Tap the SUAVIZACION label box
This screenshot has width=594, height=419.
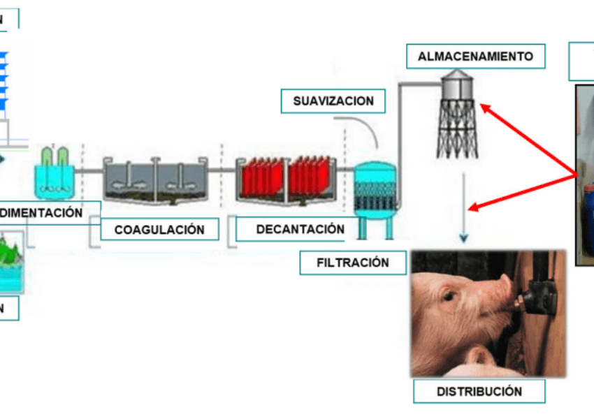pos(333,101)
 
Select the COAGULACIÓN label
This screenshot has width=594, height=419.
pos(159,229)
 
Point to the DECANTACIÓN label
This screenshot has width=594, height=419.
pos(300,229)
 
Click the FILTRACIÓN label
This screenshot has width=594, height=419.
pos(352,263)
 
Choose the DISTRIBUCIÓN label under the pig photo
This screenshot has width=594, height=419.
pos(479,391)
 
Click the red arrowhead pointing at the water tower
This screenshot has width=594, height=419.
pos(483,108)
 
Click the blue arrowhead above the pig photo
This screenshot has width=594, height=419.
pos(463,238)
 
